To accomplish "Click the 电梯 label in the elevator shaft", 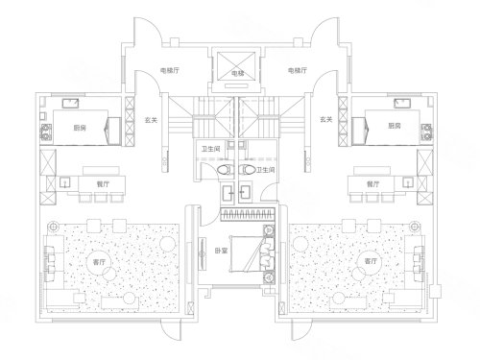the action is click(238, 74).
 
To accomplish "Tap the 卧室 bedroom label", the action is click(221, 252).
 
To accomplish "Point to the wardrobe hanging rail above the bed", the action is click(248, 214).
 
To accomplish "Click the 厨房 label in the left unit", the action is click(80, 129).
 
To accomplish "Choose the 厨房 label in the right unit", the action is click(395, 126).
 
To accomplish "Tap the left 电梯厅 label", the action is click(170, 71).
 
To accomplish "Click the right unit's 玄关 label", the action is click(326, 120).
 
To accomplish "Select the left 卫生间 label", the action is click(210, 149).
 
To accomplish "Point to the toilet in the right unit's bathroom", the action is click(248, 170).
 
